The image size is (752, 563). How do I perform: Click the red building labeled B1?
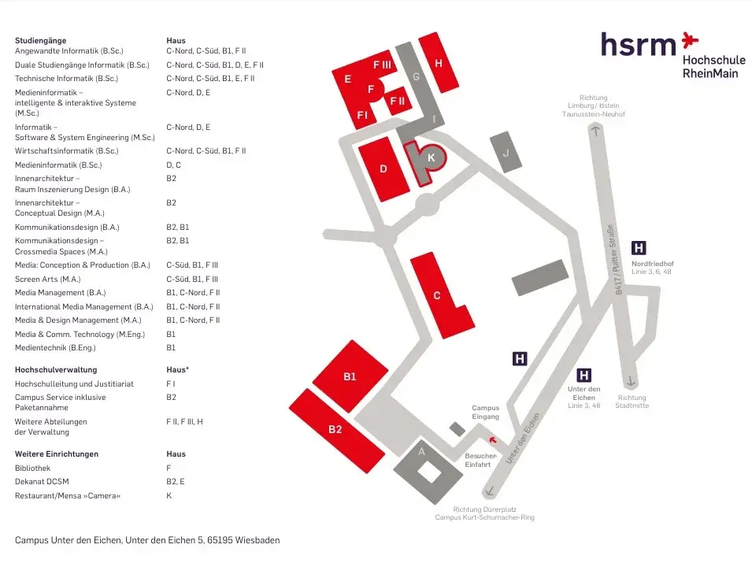(350, 376)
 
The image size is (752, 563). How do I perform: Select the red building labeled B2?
(336, 429)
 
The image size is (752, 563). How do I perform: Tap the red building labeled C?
(439, 295)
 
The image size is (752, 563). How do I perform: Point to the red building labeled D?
(383, 169)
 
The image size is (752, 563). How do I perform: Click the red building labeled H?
(439, 63)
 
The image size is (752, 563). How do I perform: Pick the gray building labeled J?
(506, 153)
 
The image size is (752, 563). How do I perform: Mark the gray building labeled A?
(421, 451)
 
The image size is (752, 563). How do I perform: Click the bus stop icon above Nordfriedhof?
(639, 248)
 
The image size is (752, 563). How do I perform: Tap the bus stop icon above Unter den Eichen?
(584, 375)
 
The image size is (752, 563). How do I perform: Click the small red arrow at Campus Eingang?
(493, 440)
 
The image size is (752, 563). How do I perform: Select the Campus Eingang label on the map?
(485, 412)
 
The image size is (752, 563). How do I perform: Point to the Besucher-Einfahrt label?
(480, 460)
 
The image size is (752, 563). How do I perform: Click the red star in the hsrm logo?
(690, 37)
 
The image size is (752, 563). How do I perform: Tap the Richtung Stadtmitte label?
(632, 402)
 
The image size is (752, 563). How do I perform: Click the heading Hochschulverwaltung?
(56, 369)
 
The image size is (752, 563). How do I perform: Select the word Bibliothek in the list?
(33, 468)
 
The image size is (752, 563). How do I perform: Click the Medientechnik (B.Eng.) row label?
(55, 347)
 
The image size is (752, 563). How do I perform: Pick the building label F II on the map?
(398, 101)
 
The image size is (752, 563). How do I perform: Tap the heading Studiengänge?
(41, 40)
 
